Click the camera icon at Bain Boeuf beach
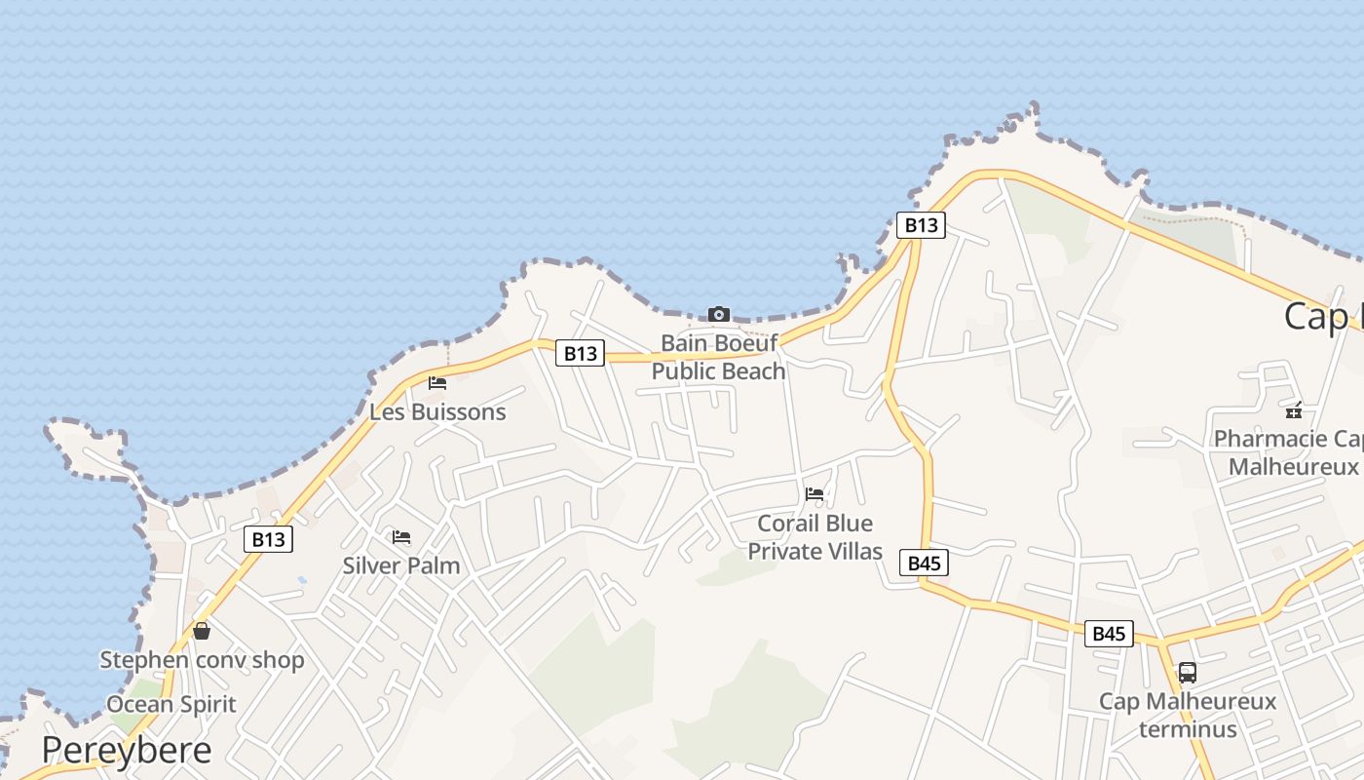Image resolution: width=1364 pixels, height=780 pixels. [x=719, y=314]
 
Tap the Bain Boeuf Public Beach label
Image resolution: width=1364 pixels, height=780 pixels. [x=719, y=357]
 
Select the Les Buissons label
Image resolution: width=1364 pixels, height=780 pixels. [x=437, y=411]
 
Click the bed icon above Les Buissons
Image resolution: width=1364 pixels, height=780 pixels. [x=437, y=383]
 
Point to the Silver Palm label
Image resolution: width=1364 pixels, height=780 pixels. [x=401, y=565]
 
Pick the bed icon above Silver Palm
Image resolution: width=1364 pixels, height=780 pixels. [x=401, y=537]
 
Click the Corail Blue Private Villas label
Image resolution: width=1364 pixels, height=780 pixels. [x=815, y=537]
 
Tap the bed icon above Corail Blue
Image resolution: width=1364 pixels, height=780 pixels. [x=815, y=494]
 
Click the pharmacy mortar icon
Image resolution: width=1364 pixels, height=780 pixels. [x=1294, y=410]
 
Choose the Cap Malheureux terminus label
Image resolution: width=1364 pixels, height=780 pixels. [x=1188, y=715]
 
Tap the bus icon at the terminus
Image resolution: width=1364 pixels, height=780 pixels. [x=1188, y=672]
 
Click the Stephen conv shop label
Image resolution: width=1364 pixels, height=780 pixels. [x=203, y=660]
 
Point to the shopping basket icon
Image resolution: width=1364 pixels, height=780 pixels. [x=202, y=631]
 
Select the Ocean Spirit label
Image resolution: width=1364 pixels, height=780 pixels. [x=171, y=704]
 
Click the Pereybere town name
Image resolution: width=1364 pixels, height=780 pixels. [x=127, y=750]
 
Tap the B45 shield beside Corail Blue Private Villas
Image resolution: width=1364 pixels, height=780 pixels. [x=924, y=563]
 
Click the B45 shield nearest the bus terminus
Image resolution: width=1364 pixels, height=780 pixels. [x=1109, y=634]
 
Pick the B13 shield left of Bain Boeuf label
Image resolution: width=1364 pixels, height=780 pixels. [x=580, y=353]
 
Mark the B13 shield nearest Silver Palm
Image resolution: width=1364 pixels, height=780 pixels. [x=268, y=539]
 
